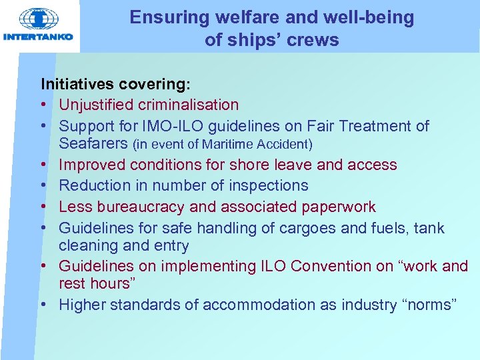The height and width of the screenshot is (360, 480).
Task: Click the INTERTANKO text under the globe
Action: click(x=39, y=37)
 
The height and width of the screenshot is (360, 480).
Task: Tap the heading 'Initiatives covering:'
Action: click(x=115, y=85)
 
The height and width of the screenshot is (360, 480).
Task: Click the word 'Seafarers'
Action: click(x=93, y=143)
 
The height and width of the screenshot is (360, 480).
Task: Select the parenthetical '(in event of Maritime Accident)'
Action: click(x=223, y=144)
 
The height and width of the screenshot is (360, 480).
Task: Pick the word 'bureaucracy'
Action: click(x=141, y=207)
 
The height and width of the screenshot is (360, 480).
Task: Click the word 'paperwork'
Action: click(x=339, y=207)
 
